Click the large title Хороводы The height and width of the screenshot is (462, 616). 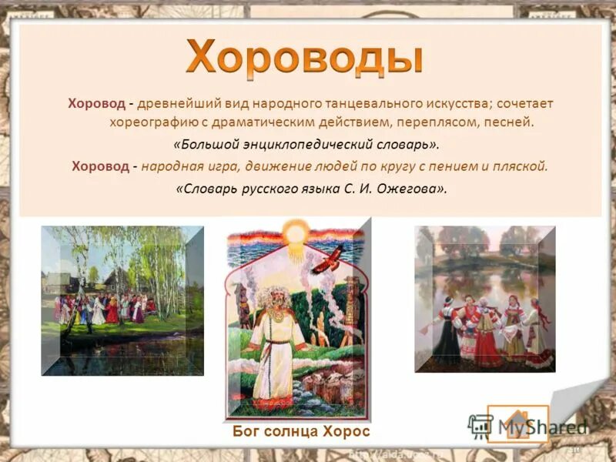pos(305,58)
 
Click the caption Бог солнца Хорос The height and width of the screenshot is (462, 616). pos(301,431)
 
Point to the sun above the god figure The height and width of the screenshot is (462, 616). pos(294,232)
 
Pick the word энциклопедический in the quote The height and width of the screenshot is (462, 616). pos(307,144)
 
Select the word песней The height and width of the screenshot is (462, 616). pos(508,122)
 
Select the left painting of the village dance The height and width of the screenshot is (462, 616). pos(122,300)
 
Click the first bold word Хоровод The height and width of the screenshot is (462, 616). pos(95,103)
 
